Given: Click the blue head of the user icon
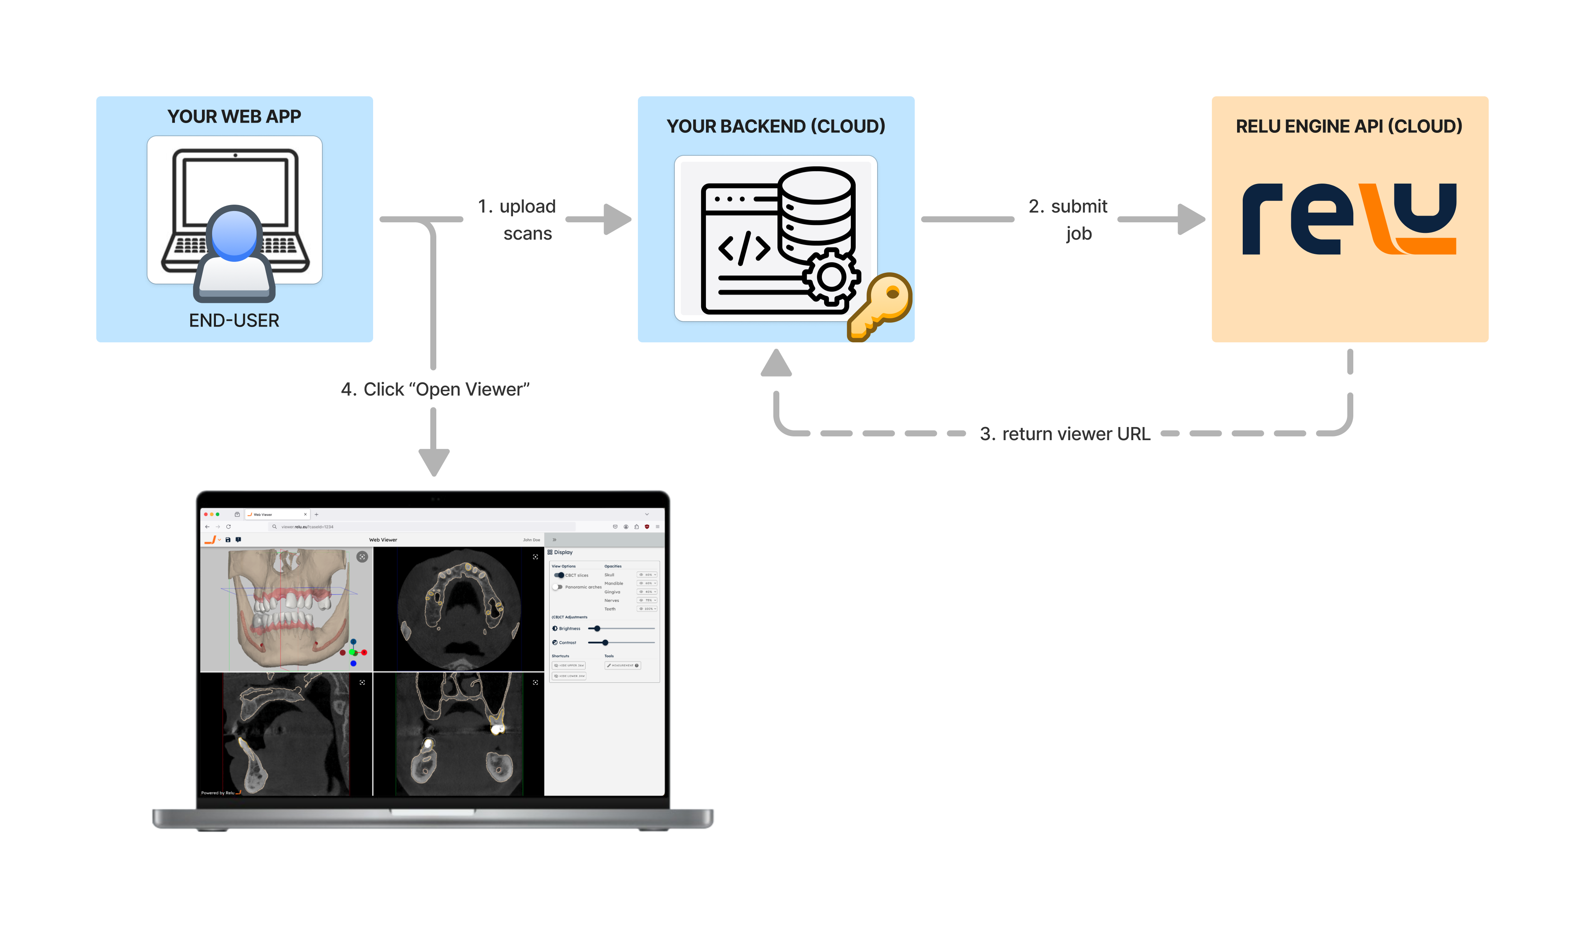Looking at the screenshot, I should pos(234,233).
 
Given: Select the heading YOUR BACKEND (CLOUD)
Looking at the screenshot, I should pos(776,126).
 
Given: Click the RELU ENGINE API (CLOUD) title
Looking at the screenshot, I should pos(1349,126).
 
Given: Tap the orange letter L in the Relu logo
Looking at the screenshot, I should pos(1379,218).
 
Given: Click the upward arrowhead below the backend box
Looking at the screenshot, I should pos(776,364).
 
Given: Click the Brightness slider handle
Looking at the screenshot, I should pos(597,628).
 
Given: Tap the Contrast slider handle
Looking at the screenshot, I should pos(605,642).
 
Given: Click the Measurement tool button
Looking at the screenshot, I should pos(622,666).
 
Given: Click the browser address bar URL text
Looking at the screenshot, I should pos(307,526).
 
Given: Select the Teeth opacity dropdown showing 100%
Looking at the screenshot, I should pos(647,609).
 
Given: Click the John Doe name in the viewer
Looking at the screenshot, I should pos(531,540).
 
